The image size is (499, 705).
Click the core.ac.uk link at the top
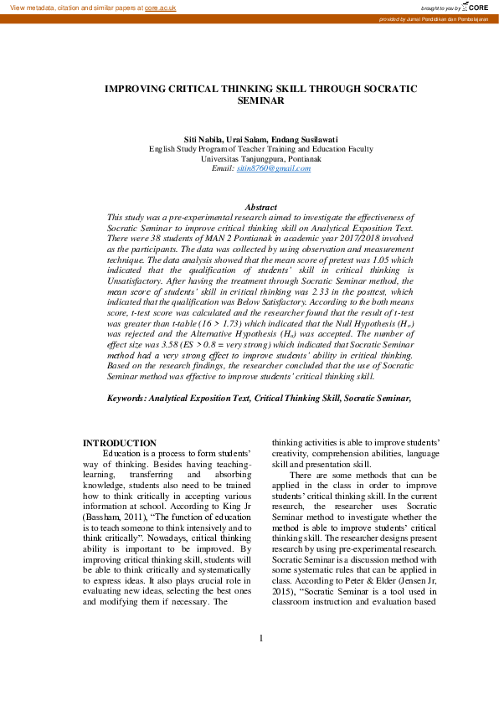tap(161, 7)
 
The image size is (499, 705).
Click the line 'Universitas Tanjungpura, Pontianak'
tap(260, 158)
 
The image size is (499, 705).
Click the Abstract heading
tap(260, 207)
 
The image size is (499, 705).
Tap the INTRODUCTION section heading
tap(119, 443)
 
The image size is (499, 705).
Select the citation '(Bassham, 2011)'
tap(114, 513)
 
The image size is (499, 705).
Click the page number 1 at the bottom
tap(260, 661)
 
